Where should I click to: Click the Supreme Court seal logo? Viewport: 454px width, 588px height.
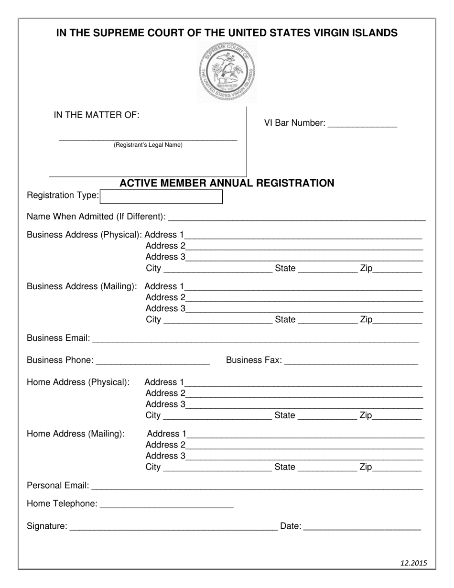[227, 72]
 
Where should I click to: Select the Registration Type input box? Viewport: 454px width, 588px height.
[162, 196]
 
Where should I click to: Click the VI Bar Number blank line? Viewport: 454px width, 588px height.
[363, 123]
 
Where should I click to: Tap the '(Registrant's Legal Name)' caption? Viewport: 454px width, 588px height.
[148, 145]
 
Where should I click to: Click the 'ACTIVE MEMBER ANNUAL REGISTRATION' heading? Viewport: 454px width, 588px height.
[227, 183]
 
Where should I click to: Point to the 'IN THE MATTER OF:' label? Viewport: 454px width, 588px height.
[97, 115]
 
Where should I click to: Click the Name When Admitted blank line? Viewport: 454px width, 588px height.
[297, 218]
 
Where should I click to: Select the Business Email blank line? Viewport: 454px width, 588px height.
[256, 339]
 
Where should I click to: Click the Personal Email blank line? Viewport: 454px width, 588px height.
[257, 486]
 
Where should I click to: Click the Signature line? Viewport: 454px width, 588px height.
[173, 527]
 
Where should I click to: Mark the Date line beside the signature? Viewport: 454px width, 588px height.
[362, 527]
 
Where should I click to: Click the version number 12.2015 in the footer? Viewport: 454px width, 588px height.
[413, 563]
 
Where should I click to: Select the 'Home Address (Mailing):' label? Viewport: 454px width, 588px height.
[76, 434]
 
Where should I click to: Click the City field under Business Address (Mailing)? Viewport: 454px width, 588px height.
[217, 320]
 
